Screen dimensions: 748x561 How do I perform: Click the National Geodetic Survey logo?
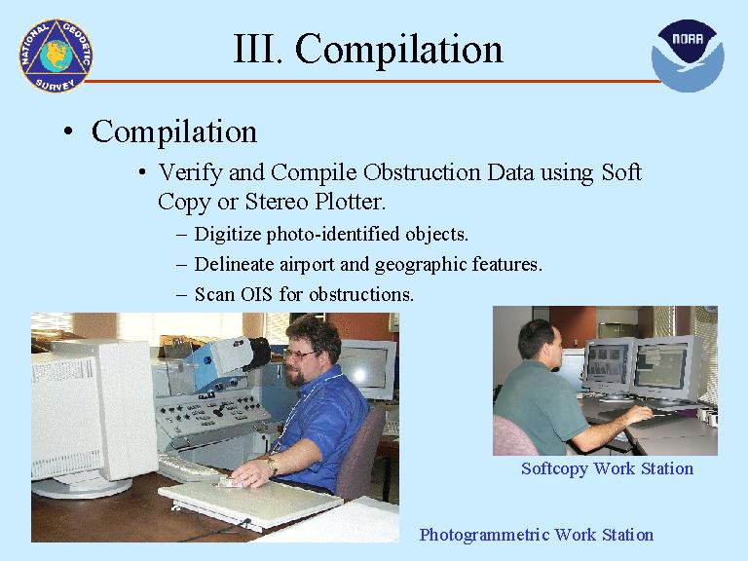56,56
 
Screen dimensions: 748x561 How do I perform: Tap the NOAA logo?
688,56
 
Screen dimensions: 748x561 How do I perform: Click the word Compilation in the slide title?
398,49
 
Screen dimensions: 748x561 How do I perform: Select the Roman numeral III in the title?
256,49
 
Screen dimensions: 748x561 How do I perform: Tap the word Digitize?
228,235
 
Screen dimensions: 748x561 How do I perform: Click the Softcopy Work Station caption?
607,468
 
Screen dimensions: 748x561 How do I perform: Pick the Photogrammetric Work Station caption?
537,535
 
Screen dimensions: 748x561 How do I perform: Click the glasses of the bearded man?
301,355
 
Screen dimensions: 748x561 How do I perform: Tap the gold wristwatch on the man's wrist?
273,465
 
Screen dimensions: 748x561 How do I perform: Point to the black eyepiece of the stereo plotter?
257,353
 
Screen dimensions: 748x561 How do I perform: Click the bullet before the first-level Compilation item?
69,131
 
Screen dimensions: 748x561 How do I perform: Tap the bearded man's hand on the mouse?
249,472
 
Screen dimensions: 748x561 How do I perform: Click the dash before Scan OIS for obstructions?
182,294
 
